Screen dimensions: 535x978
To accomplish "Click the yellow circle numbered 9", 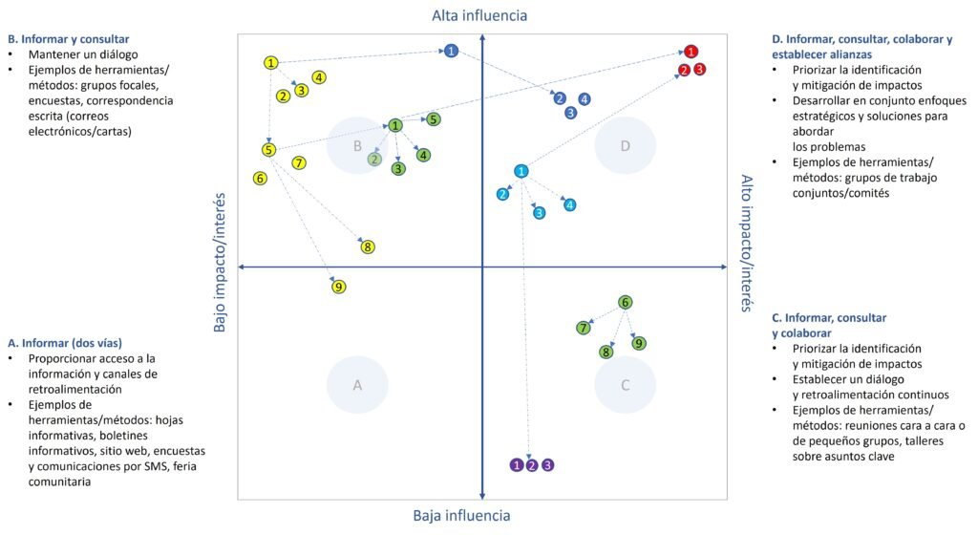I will [338, 287].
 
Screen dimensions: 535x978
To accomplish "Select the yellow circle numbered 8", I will [368, 247].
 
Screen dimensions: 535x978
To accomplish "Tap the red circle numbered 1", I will [691, 51].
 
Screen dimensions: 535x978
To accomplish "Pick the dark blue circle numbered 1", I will [452, 50].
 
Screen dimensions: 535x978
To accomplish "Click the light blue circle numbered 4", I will [569, 204].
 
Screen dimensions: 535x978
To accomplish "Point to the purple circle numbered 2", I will [532, 465].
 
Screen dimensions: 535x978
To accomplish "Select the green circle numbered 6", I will [625, 303].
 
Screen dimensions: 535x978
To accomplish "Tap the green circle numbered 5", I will [434, 119].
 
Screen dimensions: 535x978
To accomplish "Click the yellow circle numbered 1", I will [271, 63].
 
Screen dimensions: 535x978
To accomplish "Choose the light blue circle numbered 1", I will [521, 171].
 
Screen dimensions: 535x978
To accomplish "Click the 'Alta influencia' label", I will [479, 15].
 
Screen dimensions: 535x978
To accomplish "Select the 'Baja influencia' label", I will [461, 516].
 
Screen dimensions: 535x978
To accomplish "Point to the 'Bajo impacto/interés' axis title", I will [220, 262].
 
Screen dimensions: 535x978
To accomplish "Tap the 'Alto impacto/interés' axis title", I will [748, 243].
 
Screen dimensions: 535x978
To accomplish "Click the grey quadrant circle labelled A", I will [357, 385].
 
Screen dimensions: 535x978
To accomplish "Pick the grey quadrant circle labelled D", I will [626, 146].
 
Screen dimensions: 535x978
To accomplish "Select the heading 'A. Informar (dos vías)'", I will [64, 342].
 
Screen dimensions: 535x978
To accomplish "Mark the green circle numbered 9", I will [640, 343].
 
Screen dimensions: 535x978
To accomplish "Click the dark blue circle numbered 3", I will [571, 113].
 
